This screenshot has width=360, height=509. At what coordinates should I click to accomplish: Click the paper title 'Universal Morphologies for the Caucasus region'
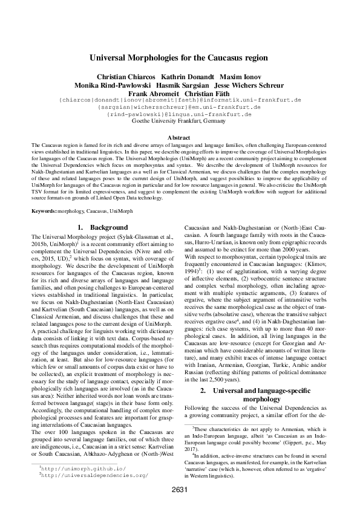(179, 59)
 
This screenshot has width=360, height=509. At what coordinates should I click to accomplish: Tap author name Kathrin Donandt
(180, 77)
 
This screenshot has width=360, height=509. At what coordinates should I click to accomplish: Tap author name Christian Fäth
(207, 94)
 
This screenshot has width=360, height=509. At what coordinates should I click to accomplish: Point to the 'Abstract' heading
(179, 138)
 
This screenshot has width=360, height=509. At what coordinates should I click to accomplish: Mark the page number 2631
(180, 490)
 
